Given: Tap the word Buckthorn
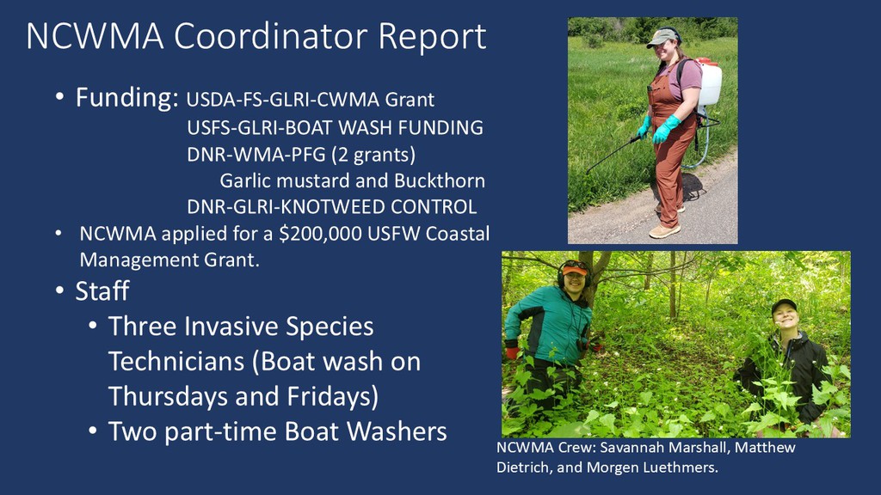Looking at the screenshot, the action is point(440,180).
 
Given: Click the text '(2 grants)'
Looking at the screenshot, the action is point(373,155).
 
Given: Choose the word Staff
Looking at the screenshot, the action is point(102,290).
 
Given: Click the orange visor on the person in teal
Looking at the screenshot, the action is point(574,270).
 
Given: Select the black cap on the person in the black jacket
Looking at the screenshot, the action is point(784,306).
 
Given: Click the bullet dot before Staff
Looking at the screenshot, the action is point(60,290).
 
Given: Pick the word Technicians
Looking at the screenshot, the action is point(176,362).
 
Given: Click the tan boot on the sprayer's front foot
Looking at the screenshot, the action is point(664,230).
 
